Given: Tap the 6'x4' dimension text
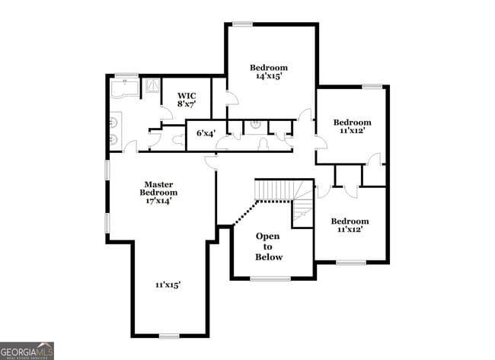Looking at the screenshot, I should click(206, 133).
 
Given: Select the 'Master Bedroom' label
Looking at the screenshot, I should click(159, 193).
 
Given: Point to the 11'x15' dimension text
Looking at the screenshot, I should click(168, 285).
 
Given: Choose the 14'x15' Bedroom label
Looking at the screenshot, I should click(269, 72).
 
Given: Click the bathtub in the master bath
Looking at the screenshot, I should click(126, 91).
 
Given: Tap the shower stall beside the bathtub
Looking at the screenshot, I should click(152, 86).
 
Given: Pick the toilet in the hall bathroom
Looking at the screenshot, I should click(263, 143).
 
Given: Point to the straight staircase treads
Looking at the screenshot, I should click(273, 190).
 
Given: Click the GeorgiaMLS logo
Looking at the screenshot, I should click(27, 350).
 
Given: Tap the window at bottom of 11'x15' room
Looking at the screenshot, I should click(169, 336).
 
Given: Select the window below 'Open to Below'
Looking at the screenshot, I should click(270, 279).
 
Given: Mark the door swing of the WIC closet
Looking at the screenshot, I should click(166, 113).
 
